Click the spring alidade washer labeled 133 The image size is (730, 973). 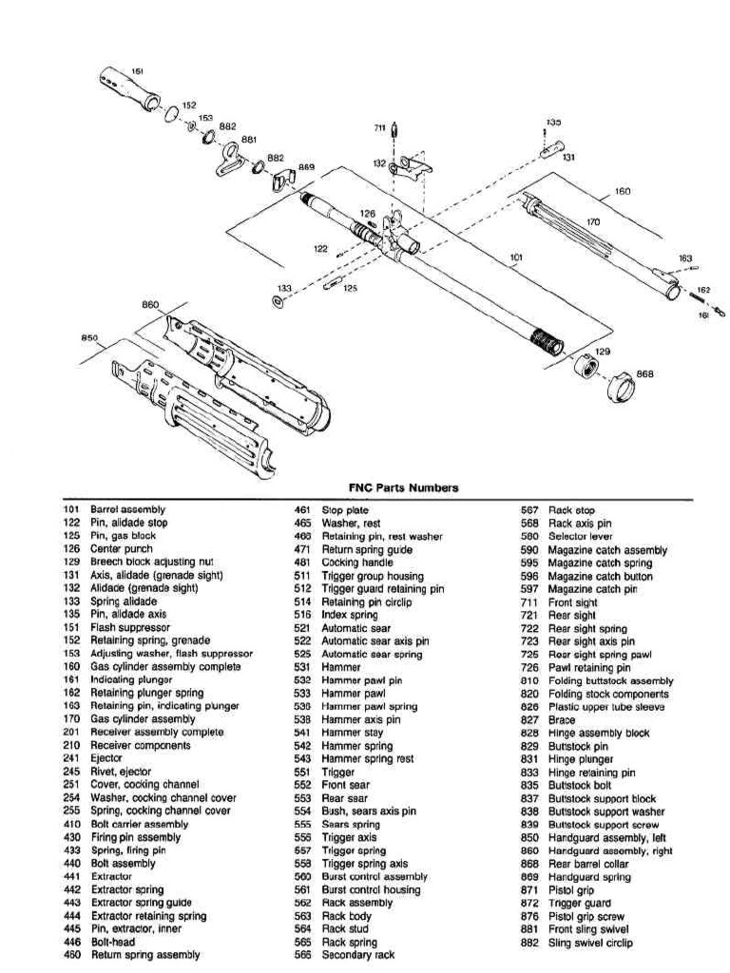(276, 301)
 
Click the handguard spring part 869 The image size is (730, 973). (284, 178)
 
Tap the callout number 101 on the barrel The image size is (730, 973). (516, 257)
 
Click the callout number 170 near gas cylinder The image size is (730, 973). (593, 222)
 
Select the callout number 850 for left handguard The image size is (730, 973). (89, 336)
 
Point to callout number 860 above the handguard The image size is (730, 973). (150, 306)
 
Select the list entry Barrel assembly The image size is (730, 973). (127, 510)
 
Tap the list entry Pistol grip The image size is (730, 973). (571, 890)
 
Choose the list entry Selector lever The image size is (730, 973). (579, 537)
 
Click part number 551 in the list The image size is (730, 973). (302, 773)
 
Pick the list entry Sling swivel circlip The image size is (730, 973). (591, 943)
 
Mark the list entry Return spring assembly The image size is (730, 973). (144, 955)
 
